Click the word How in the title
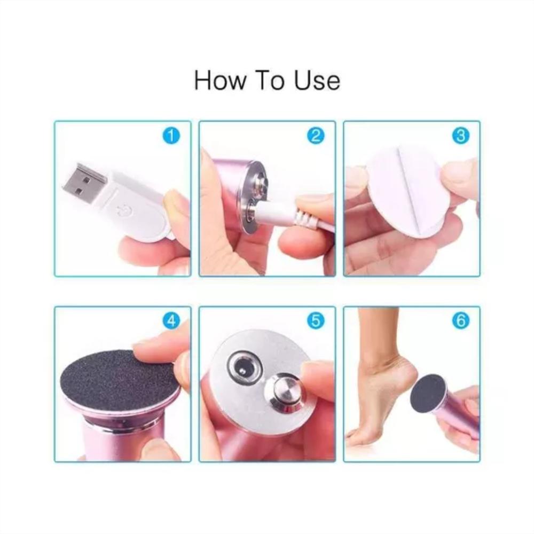coord(219,81)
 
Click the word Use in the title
coord(317,81)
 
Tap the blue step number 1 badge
coord(171,136)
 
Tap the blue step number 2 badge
coord(316,136)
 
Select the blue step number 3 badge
coord(460,136)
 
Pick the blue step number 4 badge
coord(171,321)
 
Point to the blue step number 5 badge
coord(316,321)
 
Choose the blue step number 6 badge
coord(460,321)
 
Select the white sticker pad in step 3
coord(405,191)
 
